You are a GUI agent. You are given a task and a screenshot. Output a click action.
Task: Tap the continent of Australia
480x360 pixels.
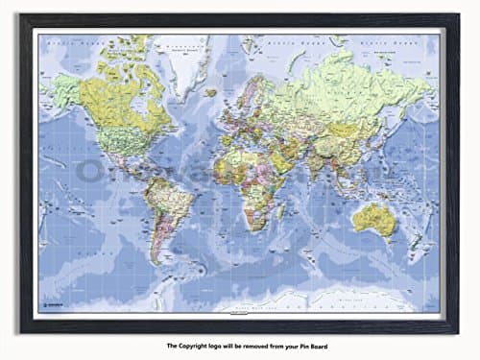[373, 220]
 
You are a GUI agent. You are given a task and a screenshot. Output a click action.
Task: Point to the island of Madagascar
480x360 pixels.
[278, 212]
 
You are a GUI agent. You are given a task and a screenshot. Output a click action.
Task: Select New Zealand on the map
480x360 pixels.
[420, 252]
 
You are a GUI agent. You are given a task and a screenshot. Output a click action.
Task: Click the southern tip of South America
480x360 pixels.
[156, 260]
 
